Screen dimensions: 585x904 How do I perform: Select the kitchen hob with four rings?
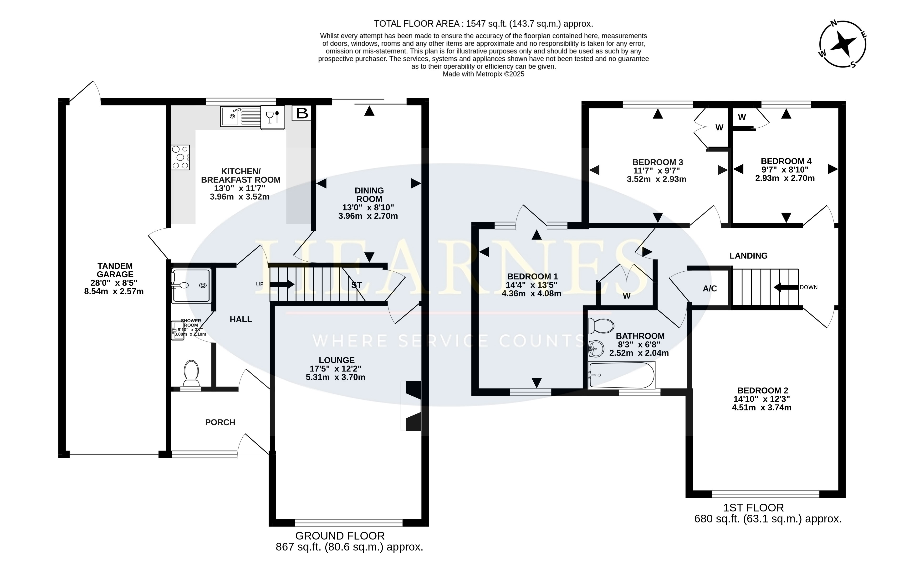coord(180,157)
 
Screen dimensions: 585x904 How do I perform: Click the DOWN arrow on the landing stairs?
coord(785,287)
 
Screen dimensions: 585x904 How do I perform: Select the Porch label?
coord(220,422)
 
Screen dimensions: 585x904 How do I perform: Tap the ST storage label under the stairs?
coord(356,285)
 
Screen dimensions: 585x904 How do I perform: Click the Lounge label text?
coord(336,360)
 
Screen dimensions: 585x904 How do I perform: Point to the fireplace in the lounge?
coord(413,406)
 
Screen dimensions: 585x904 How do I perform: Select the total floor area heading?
coord(483,24)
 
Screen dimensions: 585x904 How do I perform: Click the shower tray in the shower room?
coord(191,286)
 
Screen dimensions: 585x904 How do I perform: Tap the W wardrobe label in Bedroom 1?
coord(627,295)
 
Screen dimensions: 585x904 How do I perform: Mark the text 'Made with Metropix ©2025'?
coord(483,74)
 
